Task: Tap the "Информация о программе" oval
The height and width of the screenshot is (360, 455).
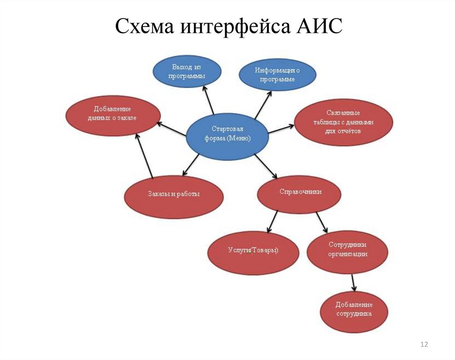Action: click(x=277, y=75)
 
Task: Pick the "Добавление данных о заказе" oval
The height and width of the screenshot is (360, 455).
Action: click(x=113, y=115)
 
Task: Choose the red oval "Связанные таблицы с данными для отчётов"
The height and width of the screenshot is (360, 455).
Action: click(x=343, y=122)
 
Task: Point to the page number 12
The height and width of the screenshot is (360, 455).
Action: click(x=423, y=345)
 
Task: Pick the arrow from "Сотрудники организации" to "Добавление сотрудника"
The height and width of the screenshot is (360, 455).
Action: click(x=353, y=281)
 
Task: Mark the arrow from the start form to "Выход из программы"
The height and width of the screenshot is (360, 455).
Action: click(x=208, y=100)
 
